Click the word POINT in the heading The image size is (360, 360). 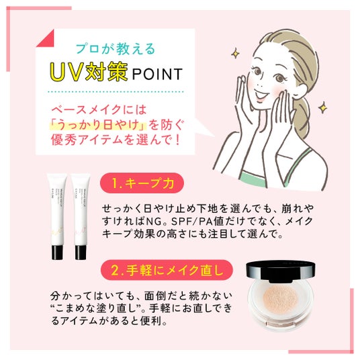click(157, 74)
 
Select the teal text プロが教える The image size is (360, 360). click(116, 48)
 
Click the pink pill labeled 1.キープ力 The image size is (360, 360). click(142, 183)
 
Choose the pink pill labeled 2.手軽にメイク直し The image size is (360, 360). click(167, 270)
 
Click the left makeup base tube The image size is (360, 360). click(57, 216)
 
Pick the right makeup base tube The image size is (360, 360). click(81, 216)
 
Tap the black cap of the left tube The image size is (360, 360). click(57, 253)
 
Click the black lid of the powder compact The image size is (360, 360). click(280, 271)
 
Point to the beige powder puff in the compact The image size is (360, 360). click(280, 298)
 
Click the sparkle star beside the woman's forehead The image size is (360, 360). click(235, 54)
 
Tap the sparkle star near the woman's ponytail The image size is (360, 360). click(323, 107)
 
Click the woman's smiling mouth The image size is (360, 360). click(261, 94)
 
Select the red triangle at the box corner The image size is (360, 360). click(48, 40)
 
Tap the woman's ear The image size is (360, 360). click(300, 90)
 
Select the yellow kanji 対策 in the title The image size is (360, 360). click(107, 72)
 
